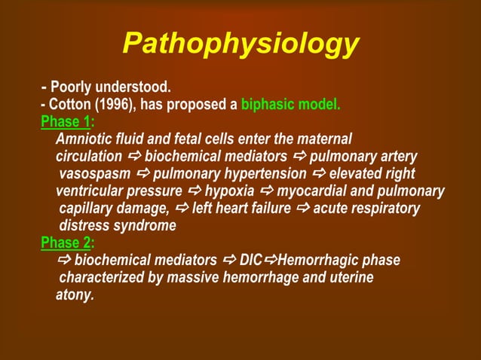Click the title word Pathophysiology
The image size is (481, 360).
(x=240, y=44)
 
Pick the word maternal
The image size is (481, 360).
(x=323, y=139)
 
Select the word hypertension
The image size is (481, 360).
(x=266, y=173)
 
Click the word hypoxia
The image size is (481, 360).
(x=229, y=191)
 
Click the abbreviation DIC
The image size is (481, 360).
(x=250, y=261)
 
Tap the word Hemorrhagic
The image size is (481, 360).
(x=316, y=261)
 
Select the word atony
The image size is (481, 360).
(x=75, y=294)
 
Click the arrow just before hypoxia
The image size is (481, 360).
(x=195, y=191)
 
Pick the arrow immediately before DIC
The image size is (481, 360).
(x=230, y=261)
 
